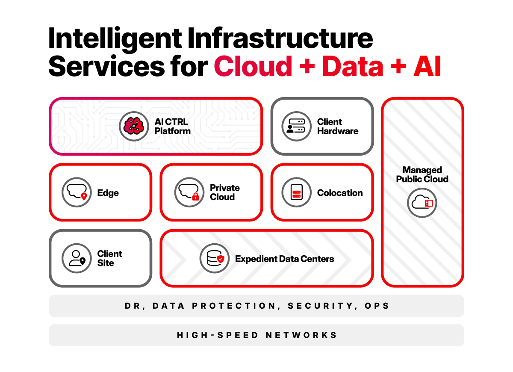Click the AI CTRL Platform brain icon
pyautogui.click(x=134, y=126)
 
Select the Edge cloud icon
pyautogui.click(x=77, y=192)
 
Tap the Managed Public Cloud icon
pyautogui.click(x=422, y=203)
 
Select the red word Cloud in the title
pyautogui.click(x=253, y=67)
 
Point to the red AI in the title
pyautogui.click(x=427, y=67)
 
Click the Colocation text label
pyautogui.click(x=340, y=193)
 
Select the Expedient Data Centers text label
pyautogui.click(x=285, y=259)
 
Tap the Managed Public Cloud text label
pyautogui.click(x=422, y=174)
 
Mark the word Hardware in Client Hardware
pyautogui.click(x=338, y=131)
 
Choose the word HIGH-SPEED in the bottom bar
pyautogui.click(x=218, y=335)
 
